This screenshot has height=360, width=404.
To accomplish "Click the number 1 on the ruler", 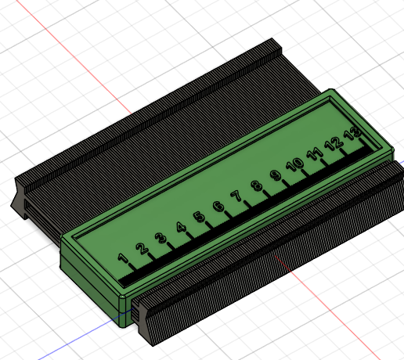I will coord(123,259).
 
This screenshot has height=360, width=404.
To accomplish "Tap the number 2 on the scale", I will coord(142,249).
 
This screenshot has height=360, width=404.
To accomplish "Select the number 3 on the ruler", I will coord(161,238).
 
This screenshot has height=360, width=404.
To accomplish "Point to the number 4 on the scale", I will coord(180,228).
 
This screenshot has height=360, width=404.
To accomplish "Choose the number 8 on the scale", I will coord(256,185).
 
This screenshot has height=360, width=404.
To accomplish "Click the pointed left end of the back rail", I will coord(16,205).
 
